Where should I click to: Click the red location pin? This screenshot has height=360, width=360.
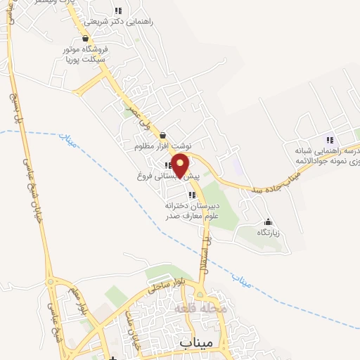(x=180, y=165)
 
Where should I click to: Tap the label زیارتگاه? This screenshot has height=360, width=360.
(x=268, y=231)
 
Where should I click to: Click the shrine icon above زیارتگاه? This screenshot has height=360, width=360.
(x=266, y=221)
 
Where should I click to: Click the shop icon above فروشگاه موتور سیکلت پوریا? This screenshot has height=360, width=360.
(x=85, y=39)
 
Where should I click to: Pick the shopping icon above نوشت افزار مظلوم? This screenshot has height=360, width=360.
(x=163, y=136)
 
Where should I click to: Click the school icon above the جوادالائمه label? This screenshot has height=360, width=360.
(x=329, y=140)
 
